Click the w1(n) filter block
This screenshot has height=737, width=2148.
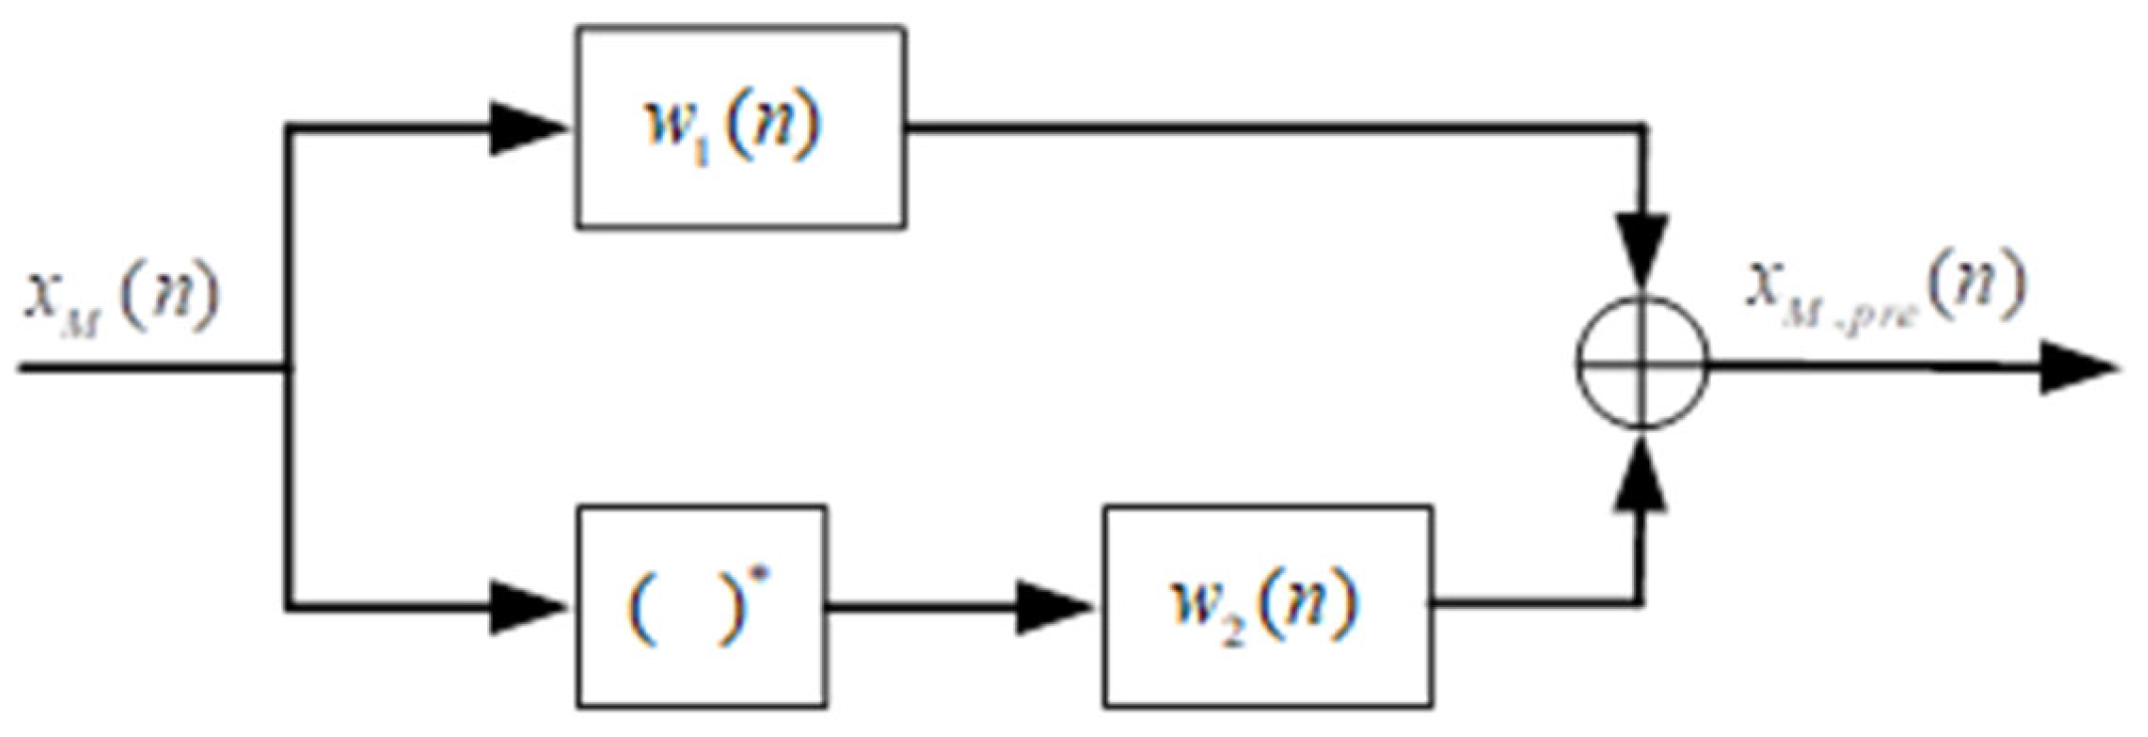click(x=741, y=128)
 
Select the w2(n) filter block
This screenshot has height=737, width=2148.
click(x=1267, y=606)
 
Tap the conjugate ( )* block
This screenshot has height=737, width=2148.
click(x=702, y=606)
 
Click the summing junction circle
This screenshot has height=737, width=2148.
click(x=1642, y=364)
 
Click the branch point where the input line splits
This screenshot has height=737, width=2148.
click(x=288, y=368)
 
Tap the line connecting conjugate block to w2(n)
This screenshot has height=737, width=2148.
click(x=924, y=606)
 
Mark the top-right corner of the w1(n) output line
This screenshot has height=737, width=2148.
click(x=1642, y=128)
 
